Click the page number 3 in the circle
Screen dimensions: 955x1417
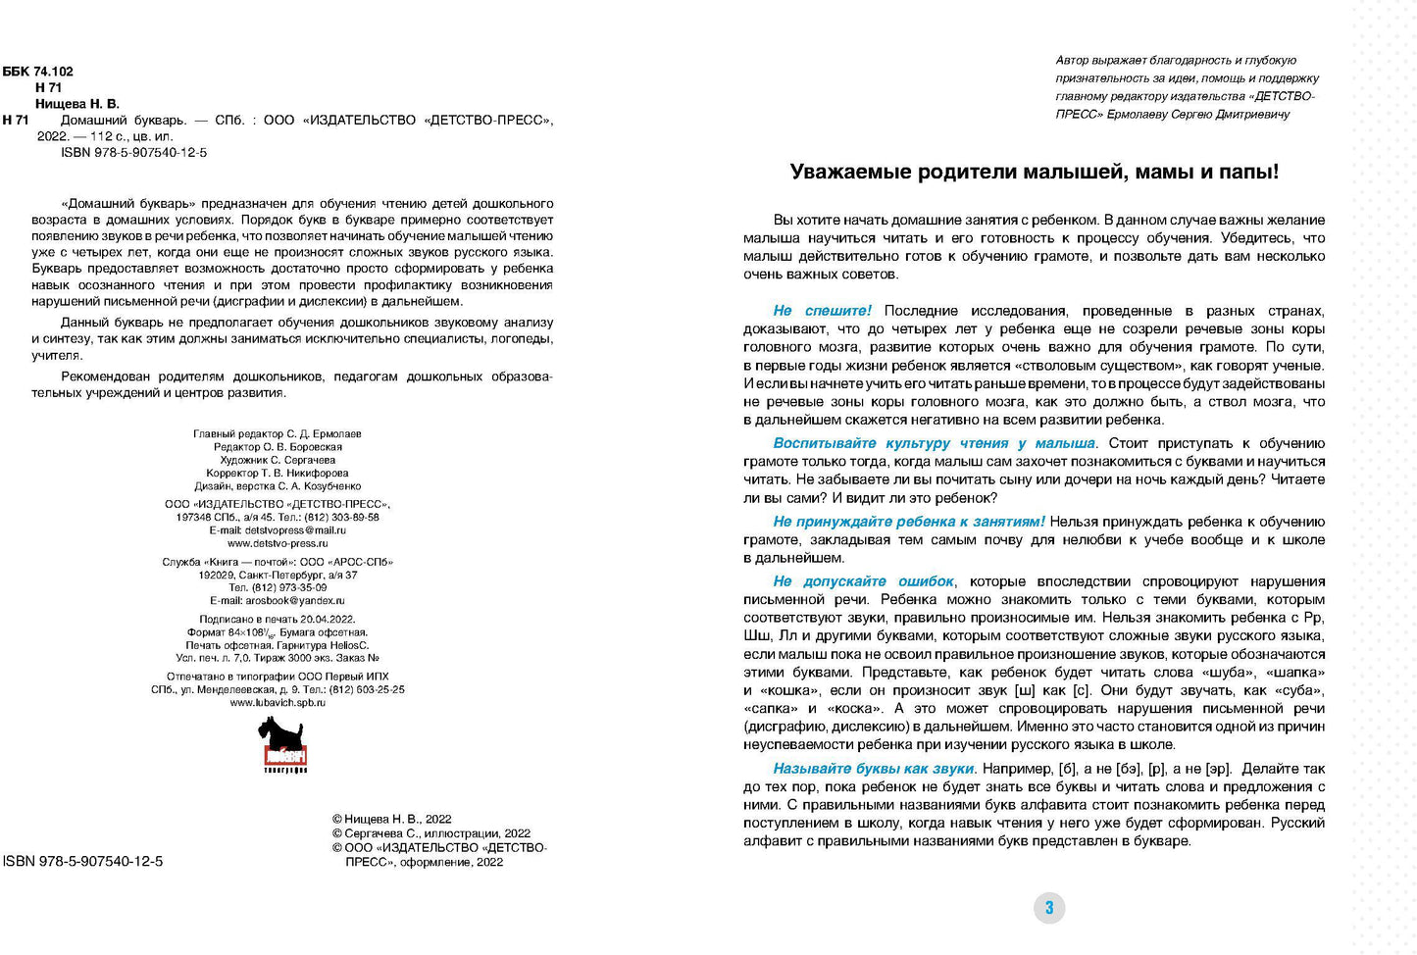[1048, 908]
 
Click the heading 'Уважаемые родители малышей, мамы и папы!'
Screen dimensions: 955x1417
[1034, 173]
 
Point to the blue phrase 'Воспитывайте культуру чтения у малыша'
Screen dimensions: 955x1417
[934, 443]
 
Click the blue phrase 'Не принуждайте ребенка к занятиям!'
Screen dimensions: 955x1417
[908, 522]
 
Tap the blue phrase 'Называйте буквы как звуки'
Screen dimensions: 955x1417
[873, 769]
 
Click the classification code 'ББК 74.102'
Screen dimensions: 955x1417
[38, 72]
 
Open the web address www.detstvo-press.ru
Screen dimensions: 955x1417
[278, 543]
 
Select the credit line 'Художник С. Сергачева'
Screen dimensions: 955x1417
[278, 460]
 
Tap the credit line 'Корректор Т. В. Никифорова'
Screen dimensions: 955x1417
[278, 473]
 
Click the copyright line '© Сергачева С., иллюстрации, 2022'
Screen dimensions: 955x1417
[430, 833]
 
